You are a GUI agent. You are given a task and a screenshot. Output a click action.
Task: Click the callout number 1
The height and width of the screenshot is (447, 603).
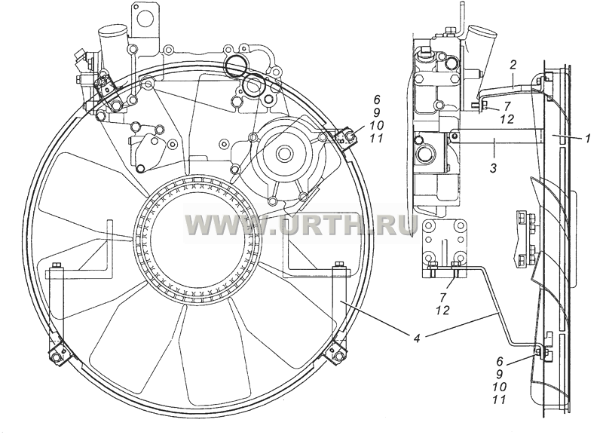coord(587,138)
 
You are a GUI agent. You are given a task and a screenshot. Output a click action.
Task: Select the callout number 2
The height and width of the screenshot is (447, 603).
coord(513,65)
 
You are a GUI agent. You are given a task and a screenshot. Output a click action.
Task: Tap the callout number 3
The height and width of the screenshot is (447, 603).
coord(494,168)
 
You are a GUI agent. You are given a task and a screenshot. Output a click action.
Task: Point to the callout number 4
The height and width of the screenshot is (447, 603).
coord(417,338)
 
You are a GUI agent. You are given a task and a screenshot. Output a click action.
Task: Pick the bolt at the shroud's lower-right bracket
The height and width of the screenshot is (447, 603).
coord(338,357)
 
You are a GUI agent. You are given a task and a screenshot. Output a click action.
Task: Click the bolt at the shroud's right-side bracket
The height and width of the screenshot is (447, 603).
coord(350,136)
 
